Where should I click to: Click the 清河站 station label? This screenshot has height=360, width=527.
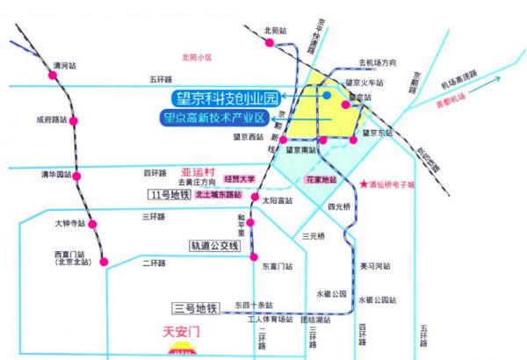pos(65,65)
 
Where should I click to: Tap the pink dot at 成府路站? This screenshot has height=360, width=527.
pos(76,119)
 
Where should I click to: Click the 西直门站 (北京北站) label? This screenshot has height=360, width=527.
pos(72,258)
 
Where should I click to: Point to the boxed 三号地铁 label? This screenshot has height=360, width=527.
pos(195,307)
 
